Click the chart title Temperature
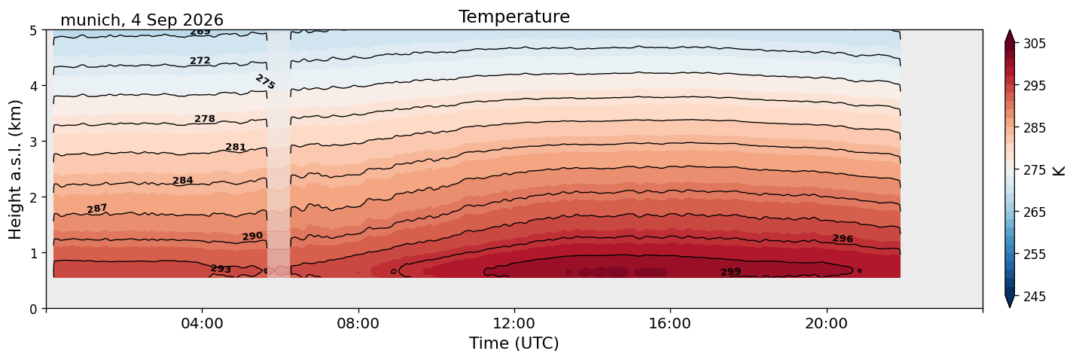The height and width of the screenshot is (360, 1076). point(514,17)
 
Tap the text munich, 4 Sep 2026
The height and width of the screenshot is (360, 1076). point(142,20)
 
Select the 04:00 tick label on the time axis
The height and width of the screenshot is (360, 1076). point(203,323)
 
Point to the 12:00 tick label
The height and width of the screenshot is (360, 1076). point(514,323)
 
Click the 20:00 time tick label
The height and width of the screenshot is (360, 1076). point(827,323)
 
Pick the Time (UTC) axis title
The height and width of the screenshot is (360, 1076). point(514,343)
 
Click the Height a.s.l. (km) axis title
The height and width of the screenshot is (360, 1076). point(15,169)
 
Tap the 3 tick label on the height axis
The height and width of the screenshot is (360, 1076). point(33,142)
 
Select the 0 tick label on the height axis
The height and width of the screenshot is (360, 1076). point(33,309)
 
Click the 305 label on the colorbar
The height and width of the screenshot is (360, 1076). point(1035,44)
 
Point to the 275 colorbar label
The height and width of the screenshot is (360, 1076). point(1035,170)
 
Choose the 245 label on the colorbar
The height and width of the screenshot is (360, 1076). point(1035,297)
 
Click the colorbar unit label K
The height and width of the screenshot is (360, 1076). point(1058,171)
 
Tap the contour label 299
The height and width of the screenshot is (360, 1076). point(730,272)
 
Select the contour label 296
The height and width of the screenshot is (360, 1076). point(843,239)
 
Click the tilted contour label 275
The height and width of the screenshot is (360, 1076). point(265,81)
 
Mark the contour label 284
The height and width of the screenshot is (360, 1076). point(182,180)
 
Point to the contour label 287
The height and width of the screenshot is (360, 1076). point(97,209)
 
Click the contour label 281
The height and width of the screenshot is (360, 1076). point(236,147)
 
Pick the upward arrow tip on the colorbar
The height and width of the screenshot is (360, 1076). point(1009,31)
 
